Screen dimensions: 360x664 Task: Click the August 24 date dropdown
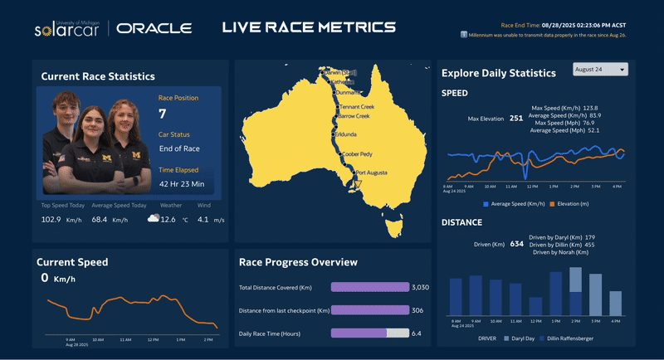point(600,69)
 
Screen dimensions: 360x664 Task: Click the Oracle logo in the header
point(154,28)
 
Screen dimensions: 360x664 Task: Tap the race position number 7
point(163,114)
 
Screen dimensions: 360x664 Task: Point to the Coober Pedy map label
point(359,153)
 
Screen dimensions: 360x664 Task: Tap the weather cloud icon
point(153,219)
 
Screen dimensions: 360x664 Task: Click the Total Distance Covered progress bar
point(369,287)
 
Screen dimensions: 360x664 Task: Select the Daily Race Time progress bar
point(369,333)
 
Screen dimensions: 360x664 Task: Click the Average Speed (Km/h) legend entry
point(517,203)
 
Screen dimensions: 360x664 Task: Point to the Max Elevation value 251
point(515,119)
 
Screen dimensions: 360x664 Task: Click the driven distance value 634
point(517,244)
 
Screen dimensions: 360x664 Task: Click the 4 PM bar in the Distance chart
point(615,303)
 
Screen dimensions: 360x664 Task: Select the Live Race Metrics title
point(309,28)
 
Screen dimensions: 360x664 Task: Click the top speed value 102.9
point(51,219)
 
